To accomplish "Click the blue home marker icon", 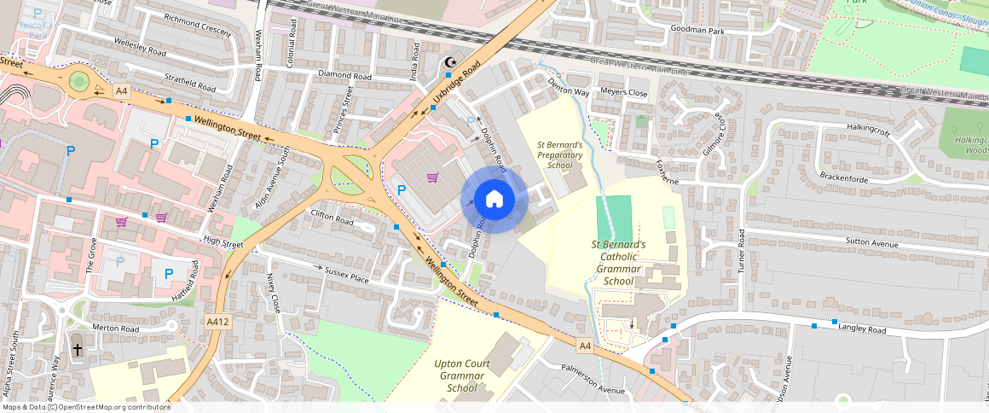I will [494, 199].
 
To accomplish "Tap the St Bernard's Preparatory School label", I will [559, 155].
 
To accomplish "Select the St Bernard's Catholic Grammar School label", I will [618, 262].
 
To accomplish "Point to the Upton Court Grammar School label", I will [462, 375].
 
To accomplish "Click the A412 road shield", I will [217, 322].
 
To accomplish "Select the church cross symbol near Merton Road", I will [78, 349].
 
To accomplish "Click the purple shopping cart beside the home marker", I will [432, 177].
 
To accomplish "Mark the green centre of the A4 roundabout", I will [79, 82].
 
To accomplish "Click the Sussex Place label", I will [346, 275].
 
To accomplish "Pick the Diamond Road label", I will [345, 76].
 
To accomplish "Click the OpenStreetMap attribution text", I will [85, 407].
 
